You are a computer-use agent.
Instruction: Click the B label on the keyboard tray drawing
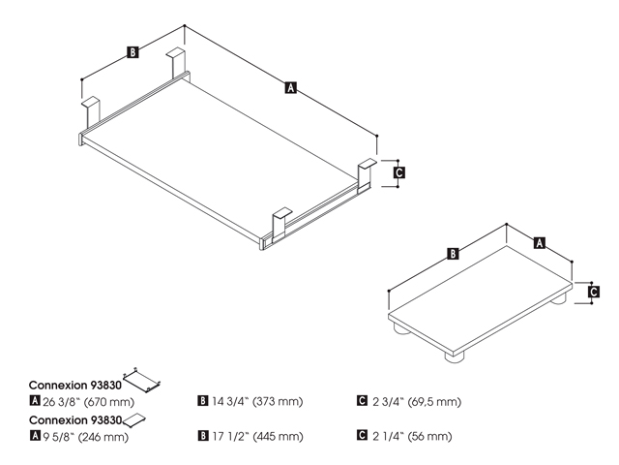pos(133,52)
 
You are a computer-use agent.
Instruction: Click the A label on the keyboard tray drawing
pos(290,87)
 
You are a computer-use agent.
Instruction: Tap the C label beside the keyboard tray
pos(399,172)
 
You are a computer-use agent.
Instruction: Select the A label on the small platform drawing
pos(540,242)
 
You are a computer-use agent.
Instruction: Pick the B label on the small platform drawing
pos(454,254)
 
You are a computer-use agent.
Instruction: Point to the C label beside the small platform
pos(593,292)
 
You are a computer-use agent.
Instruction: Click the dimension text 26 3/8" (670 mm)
pos(88,402)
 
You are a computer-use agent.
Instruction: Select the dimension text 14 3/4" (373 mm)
pos(257,401)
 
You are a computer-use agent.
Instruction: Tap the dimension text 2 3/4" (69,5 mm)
pos(417,401)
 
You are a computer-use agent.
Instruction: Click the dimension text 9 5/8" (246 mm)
pos(86,437)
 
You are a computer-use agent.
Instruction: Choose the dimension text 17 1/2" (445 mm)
pos(258,436)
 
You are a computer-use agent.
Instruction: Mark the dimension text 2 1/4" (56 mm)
pos(412,436)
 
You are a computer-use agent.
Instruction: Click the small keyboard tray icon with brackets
pos(142,380)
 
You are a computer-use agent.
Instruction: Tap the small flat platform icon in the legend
pos(134,419)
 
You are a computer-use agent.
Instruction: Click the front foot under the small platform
pos(455,356)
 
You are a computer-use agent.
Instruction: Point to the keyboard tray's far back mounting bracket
pos(176,63)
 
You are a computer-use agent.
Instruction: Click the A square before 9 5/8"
pos(35,435)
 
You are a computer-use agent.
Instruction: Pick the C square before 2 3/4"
pos(362,400)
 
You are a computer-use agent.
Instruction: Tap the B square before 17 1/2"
pos(202,435)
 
